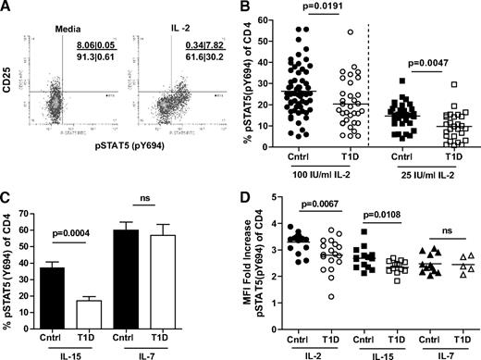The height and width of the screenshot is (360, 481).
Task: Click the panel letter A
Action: coord(8,8)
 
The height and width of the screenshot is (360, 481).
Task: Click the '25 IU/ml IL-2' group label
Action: coord(431,172)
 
